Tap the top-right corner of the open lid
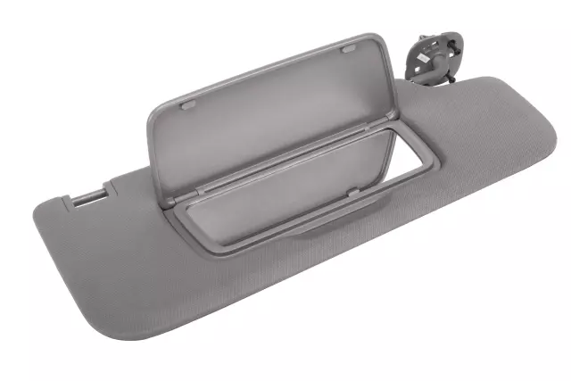[373, 39]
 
